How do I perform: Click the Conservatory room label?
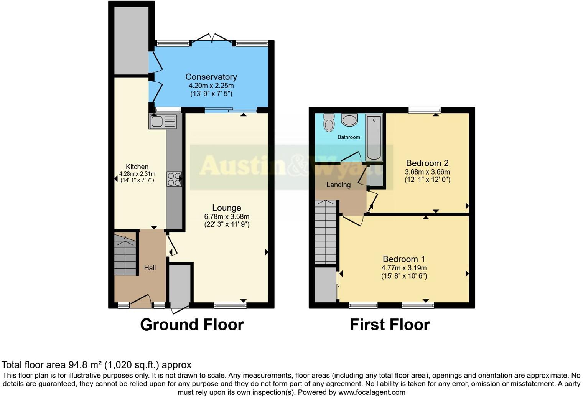click(x=211, y=77)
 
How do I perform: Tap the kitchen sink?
click(x=163, y=121)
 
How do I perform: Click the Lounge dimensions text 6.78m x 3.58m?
click(x=227, y=217)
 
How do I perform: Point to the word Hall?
click(x=150, y=268)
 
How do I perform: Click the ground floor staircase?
click(x=125, y=255)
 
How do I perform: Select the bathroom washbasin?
click(x=349, y=120)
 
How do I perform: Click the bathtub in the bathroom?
click(x=374, y=137)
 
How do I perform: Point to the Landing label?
click(x=338, y=185)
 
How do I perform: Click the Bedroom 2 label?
click(x=427, y=163)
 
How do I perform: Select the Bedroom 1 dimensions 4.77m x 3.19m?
click(x=404, y=268)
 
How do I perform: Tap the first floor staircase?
click(x=326, y=232)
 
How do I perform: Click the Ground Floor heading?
click(x=192, y=325)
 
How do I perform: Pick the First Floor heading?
click(x=390, y=325)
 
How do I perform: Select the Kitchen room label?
click(x=137, y=167)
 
